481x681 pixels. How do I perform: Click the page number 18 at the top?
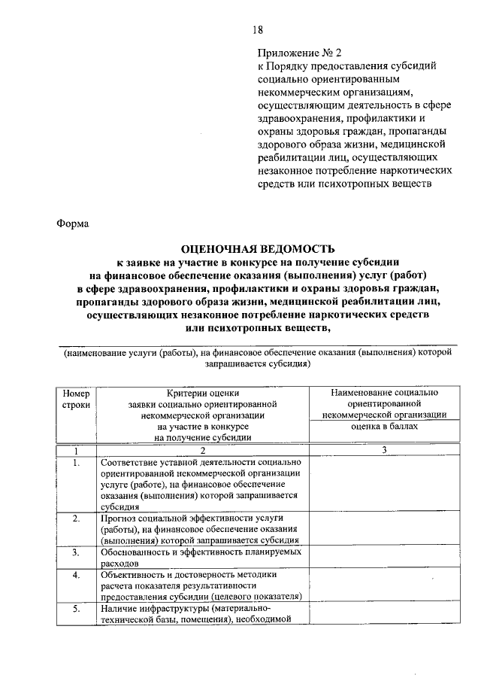257,29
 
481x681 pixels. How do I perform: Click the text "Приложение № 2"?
299,53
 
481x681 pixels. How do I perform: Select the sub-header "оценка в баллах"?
384,425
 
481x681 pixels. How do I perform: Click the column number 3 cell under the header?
384,450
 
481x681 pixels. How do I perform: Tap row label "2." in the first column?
76,519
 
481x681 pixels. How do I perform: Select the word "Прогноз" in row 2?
119,519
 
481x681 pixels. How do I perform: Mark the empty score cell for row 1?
384,485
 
